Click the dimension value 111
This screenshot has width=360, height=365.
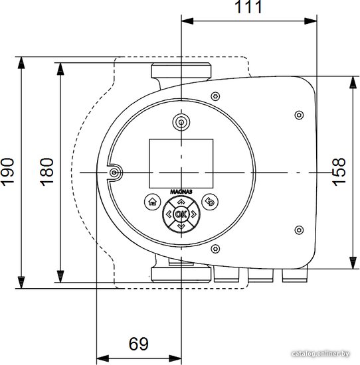(248, 7)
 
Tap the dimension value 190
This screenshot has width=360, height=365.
(7, 172)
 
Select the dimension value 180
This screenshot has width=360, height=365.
(47, 172)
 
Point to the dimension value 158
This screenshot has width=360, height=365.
(339, 172)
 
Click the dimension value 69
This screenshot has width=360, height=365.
(139, 344)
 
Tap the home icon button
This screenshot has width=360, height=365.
(153, 202)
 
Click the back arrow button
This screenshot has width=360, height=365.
(210, 202)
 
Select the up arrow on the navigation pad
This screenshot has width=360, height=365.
(181, 202)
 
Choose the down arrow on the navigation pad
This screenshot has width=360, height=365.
(181, 226)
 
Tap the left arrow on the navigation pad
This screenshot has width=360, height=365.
(169, 214)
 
